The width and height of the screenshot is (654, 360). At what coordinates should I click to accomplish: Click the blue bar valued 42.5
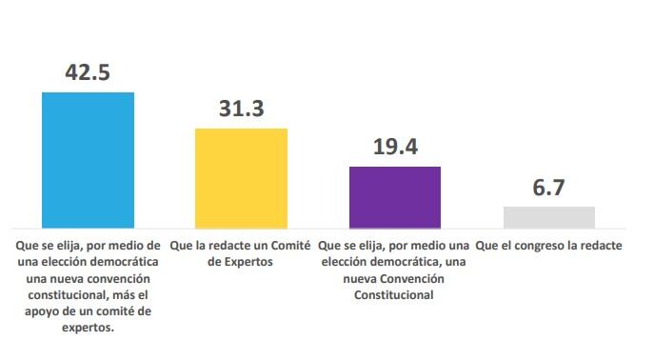(x=88, y=160)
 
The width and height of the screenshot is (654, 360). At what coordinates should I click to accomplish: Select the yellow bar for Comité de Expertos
(x=242, y=178)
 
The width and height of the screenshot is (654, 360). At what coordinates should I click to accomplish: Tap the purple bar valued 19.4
(x=395, y=197)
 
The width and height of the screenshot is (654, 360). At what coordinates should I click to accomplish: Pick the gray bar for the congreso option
(x=549, y=217)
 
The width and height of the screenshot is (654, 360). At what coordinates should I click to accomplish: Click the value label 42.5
(x=88, y=72)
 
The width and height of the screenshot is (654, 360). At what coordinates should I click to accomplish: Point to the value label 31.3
(x=242, y=109)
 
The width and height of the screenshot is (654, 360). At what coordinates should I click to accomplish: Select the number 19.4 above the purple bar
(x=395, y=147)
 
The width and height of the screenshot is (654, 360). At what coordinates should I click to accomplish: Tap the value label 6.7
(x=548, y=188)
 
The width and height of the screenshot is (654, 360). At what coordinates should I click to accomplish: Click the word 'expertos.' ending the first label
(x=88, y=328)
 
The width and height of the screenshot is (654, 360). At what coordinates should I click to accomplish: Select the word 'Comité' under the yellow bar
(x=291, y=246)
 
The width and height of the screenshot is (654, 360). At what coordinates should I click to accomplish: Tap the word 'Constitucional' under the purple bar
(x=394, y=295)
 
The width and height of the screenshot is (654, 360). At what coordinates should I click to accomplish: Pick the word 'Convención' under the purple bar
(x=412, y=279)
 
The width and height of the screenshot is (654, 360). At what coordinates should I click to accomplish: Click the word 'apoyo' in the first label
(x=41, y=312)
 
